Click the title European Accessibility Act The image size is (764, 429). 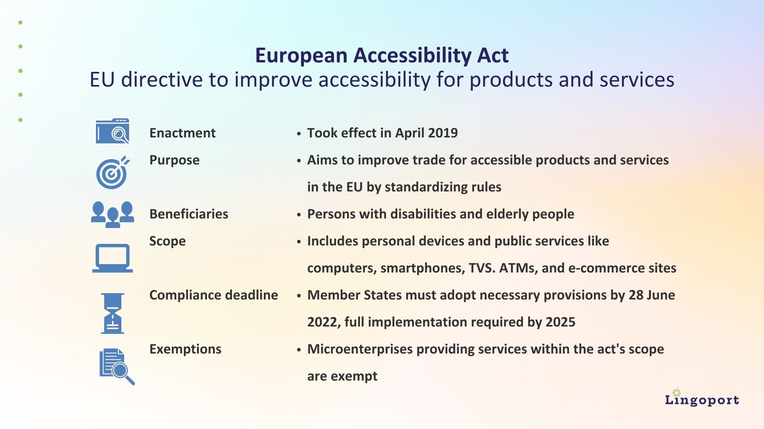[382, 55]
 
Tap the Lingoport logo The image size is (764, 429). [702, 399]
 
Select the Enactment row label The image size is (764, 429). [182, 133]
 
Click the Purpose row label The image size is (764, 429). [174, 160]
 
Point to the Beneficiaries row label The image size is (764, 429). [189, 214]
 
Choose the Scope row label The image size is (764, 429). [167, 241]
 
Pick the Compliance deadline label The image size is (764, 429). [213, 295]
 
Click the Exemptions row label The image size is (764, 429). [185, 349]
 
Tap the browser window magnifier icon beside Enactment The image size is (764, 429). [113, 131]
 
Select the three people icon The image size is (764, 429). [113, 214]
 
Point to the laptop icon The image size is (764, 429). [113, 258]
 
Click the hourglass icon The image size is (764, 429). [113, 313]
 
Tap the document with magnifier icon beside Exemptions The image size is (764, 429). [116, 366]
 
